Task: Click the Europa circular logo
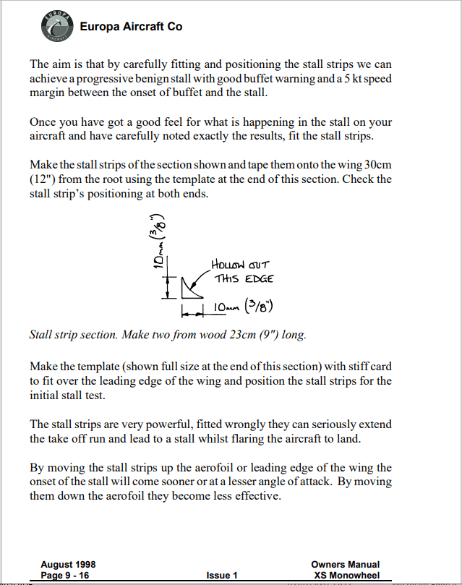coord(56,26)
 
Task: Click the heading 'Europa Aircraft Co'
coord(131,27)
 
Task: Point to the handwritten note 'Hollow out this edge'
coord(242,271)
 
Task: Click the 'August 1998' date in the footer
coord(68,565)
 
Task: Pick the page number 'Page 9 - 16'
coord(65,576)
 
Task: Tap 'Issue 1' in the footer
coord(222,576)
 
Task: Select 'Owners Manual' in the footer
coord(345,565)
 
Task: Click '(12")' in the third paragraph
coord(43,180)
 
